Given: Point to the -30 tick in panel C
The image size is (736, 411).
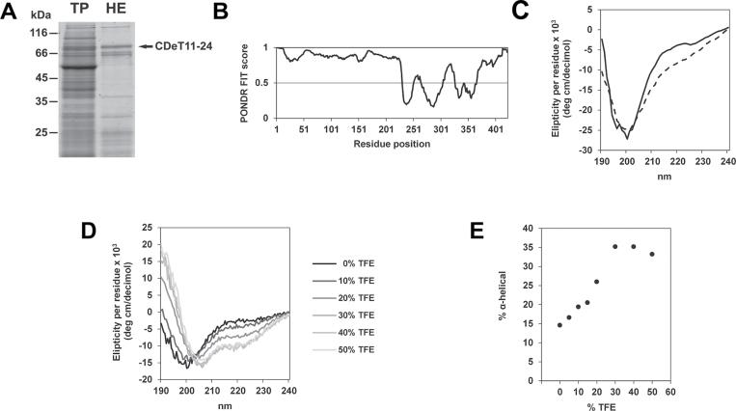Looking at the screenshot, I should click(577, 151).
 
